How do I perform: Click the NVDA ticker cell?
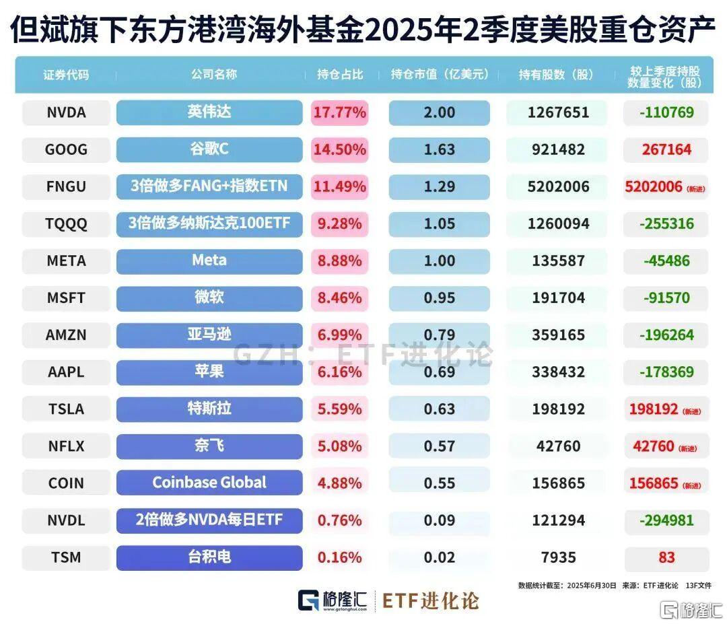66,112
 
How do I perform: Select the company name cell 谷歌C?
209,149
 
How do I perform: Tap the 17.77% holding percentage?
339,112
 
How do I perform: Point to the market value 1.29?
439,186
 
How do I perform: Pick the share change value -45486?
666,261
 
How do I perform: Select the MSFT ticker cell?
66,298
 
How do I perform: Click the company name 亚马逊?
209,334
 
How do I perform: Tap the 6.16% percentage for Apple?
339,372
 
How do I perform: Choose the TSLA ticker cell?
66,409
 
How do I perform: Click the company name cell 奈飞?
209,445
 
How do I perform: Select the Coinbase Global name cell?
209,482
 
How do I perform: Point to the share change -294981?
666,520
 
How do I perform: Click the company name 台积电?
209,557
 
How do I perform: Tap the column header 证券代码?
66,75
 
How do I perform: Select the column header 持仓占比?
340,75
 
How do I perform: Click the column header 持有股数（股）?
557,75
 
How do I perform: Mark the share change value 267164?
666,149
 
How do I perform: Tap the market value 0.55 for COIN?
439,483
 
